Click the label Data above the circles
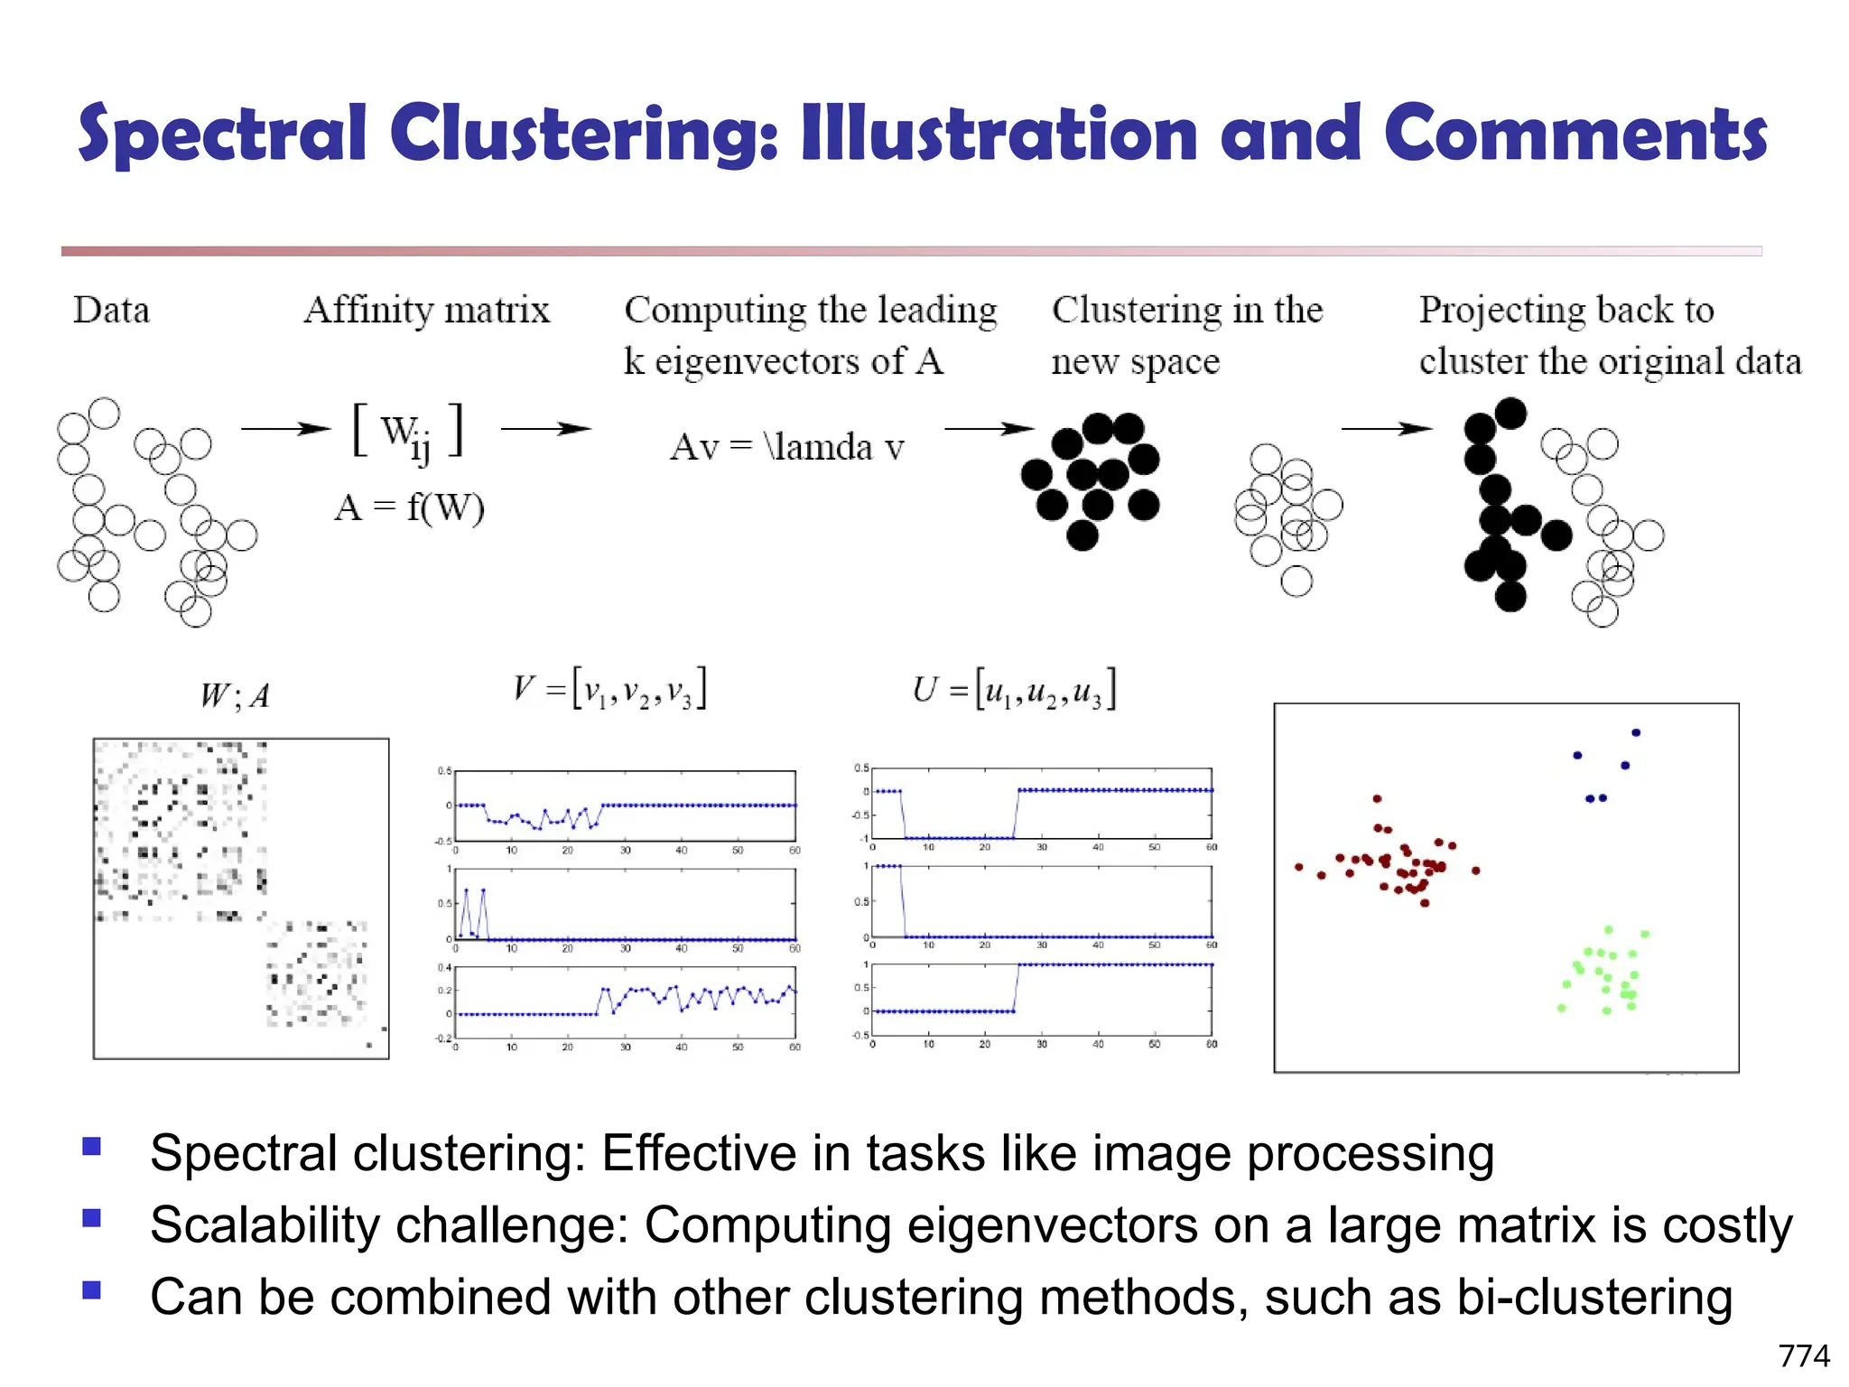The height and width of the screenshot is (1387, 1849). tap(111, 310)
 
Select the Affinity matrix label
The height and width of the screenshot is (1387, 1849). tap(426, 310)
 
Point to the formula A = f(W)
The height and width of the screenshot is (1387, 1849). tap(409, 507)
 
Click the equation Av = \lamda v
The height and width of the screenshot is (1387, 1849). tap(786, 447)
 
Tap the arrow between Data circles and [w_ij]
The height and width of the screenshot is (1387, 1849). tap(285, 429)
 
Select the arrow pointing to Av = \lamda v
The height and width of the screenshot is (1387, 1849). tap(545, 429)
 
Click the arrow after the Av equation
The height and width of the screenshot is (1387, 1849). tap(989, 429)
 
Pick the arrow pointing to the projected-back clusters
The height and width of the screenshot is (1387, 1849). tap(1386, 429)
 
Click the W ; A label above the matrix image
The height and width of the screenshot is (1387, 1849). tap(235, 696)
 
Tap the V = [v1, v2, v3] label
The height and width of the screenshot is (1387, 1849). tap(609, 689)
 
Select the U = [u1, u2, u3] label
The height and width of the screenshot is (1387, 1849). tap(1014, 689)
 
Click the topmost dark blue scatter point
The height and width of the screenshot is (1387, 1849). tap(1636, 732)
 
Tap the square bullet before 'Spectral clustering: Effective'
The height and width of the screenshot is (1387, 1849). tap(91, 1147)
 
